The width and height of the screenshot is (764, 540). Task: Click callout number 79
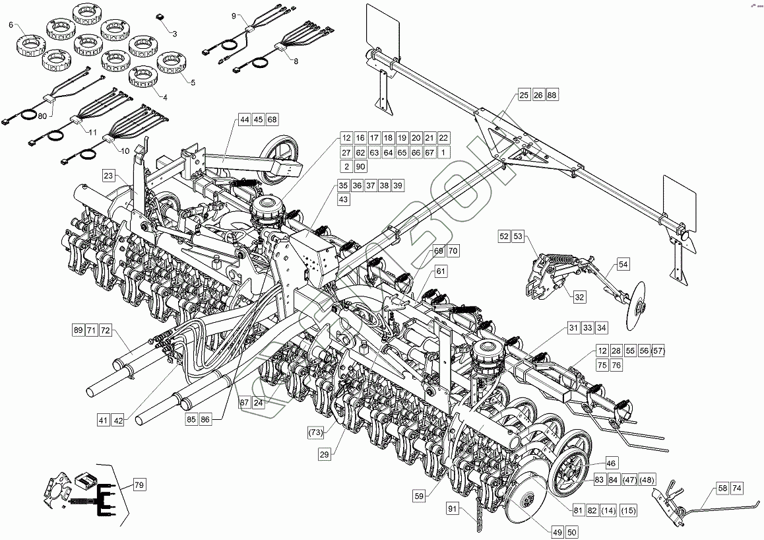[139, 486]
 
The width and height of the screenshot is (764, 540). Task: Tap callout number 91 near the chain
[452, 508]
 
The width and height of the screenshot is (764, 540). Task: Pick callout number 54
[623, 264]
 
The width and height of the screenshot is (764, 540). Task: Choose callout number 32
[579, 298]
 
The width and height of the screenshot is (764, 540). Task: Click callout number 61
[441, 271]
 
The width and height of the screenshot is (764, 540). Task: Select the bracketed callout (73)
[316, 432]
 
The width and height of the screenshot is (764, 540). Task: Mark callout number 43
[344, 199]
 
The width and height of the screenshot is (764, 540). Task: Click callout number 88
[552, 96]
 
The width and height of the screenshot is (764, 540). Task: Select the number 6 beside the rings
[11, 24]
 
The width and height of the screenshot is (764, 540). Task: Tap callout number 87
[244, 403]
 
